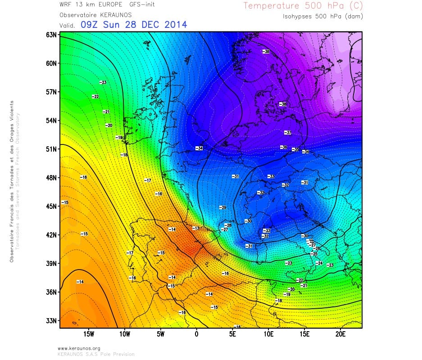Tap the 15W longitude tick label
pyautogui.click(x=89, y=334)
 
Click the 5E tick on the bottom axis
pyautogui.click(x=233, y=334)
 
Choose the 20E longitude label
pyautogui.click(x=341, y=334)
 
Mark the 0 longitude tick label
pyautogui.click(x=196, y=334)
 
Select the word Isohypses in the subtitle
pyautogui.click(x=298, y=16)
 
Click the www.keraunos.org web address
pyautogui.click(x=79, y=348)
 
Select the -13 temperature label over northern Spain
pyautogui.click(x=195, y=228)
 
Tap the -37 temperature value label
pyautogui.click(x=288, y=132)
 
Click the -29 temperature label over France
pyautogui.click(x=222, y=207)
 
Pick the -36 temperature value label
pyautogui.click(x=284, y=147)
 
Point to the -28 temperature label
pyautogui.click(x=228, y=225)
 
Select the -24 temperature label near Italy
pyautogui.click(x=319, y=263)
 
